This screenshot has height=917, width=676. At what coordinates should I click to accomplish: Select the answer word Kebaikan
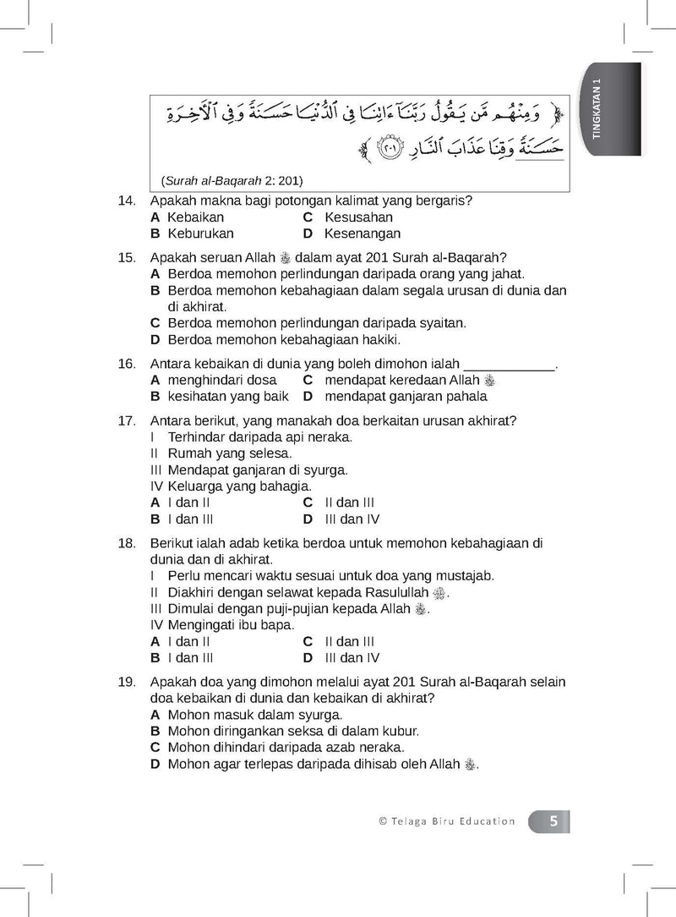pos(195,217)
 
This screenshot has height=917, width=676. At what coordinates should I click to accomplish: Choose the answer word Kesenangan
pos(363,233)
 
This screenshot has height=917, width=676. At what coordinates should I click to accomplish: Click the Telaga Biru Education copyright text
pos(447,821)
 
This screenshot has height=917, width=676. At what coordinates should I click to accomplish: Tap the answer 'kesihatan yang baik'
pos(227,396)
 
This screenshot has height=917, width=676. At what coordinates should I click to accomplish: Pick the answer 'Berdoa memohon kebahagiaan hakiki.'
pos(284,340)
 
